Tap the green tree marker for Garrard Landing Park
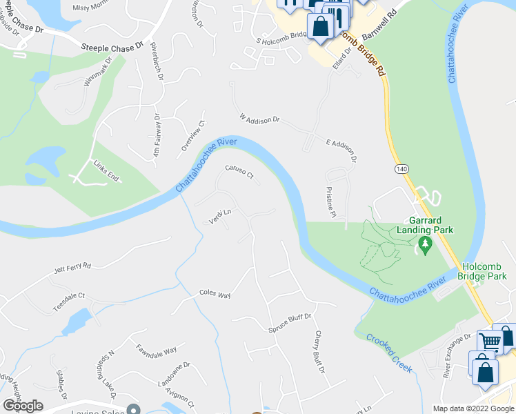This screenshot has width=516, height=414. tap(425, 243)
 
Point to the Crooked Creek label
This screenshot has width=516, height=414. tap(389, 353)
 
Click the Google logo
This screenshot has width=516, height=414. tap(23, 406)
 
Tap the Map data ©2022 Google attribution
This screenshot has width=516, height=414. tap(473, 408)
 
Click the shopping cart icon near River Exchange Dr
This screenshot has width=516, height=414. tap(490, 340)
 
